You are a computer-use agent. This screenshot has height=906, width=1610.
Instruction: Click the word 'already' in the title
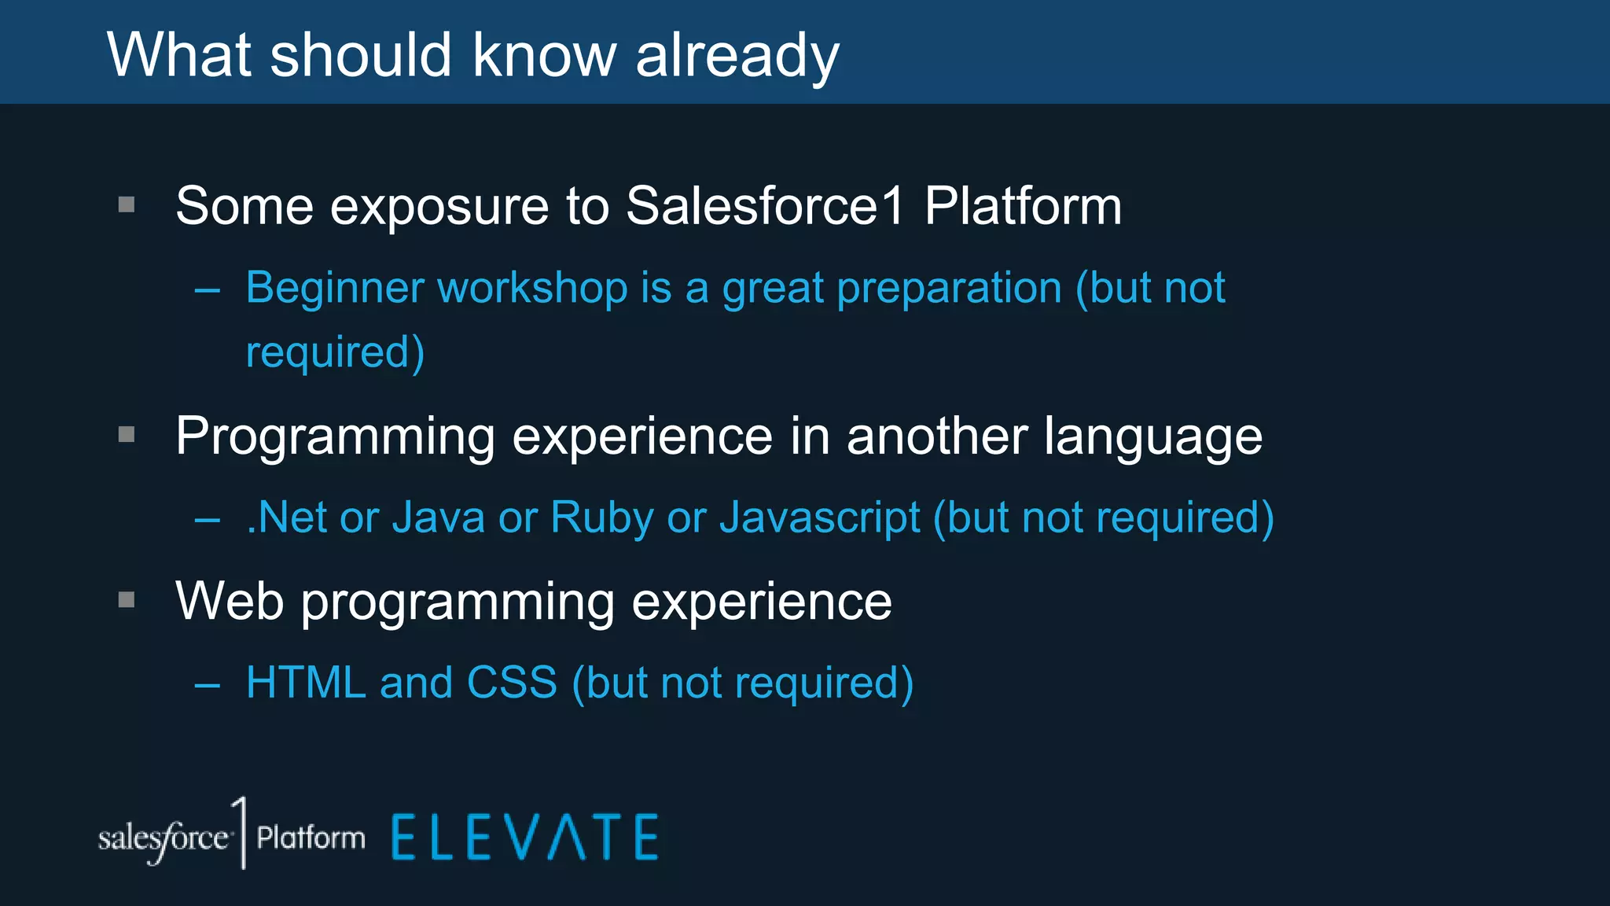coord(737,57)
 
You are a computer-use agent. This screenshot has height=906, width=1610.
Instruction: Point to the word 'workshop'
coord(532,288)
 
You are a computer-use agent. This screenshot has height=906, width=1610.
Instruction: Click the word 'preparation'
coord(949,289)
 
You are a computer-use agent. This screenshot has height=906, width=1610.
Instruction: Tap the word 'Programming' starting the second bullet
coord(335,437)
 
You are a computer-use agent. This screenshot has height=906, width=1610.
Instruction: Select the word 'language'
coord(1152,437)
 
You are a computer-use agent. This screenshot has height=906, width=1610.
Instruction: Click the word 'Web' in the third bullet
coord(230,602)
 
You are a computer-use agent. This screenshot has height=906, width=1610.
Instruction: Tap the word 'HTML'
coord(305,683)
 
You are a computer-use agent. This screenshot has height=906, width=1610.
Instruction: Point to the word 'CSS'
coord(512,683)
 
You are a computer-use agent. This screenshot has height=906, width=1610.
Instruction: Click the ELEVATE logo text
coord(524,838)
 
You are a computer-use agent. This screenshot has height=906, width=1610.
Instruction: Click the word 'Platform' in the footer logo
coord(311,838)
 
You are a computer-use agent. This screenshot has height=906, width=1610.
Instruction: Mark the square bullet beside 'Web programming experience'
coord(127,601)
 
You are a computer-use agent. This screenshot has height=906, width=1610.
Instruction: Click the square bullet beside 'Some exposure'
coord(127,205)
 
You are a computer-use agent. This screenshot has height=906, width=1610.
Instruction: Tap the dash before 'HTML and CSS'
coord(208,686)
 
